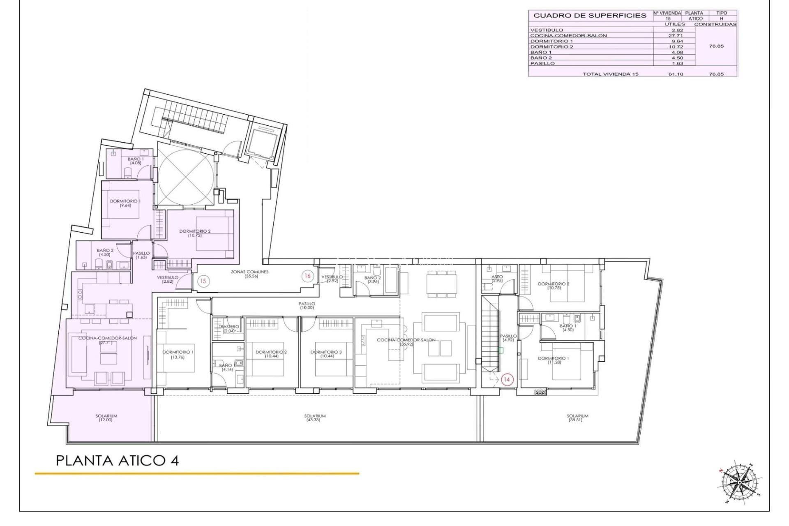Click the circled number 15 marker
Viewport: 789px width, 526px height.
click(x=203, y=281)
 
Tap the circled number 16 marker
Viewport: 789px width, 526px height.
click(x=307, y=276)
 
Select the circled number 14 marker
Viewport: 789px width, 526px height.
click(x=507, y=380)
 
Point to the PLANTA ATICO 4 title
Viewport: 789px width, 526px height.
click(x=117, y=460)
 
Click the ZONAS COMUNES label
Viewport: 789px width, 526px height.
click(x=249, y=274)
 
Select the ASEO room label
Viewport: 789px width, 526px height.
click(x=497, y=279)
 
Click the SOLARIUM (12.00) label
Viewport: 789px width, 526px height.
click(x=106, y=418)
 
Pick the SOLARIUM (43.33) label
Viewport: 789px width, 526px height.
click(x=315, y=418)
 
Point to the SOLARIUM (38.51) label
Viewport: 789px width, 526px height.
click(x=577, y=418)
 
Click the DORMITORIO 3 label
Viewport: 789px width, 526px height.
click(x=326, y=354)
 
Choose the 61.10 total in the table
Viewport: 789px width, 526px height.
click(x=675, y=74)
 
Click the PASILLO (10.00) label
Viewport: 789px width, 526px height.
click(x=307, y=305)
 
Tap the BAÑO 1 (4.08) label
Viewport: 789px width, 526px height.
click(x=136, y=161)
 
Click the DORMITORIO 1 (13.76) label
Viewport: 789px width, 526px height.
click(x=178, y=354)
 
